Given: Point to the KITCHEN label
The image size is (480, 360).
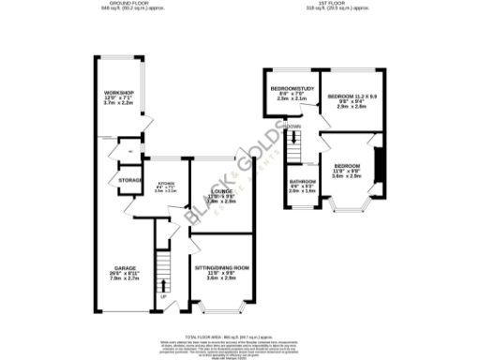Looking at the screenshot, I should click(x=165, y=182).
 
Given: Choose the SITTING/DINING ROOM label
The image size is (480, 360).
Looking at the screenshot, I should click(x=221, y=267).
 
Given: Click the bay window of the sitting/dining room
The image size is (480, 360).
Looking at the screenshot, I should click(x=223, y=308).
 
